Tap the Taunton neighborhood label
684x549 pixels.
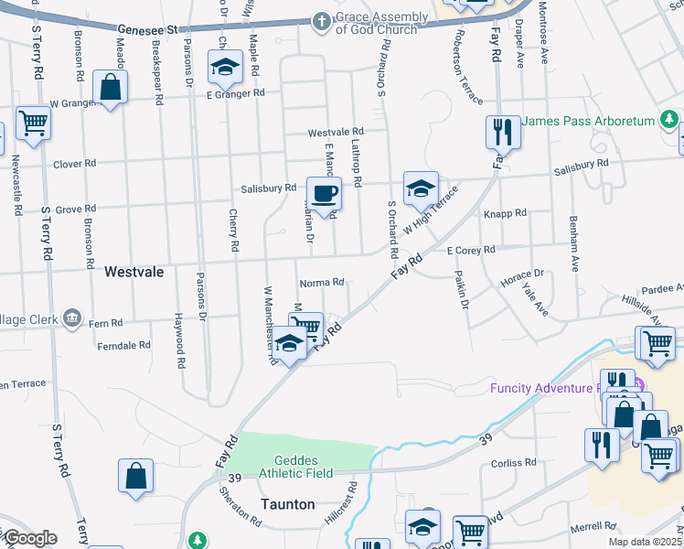288,504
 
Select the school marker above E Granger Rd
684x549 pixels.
225,67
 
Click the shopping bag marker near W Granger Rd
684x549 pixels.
110,89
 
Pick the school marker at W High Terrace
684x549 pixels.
420,188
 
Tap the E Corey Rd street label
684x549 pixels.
470,250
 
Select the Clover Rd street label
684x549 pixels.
75,164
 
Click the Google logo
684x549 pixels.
29,538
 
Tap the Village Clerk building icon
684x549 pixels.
71,319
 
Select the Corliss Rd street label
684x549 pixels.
505,464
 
